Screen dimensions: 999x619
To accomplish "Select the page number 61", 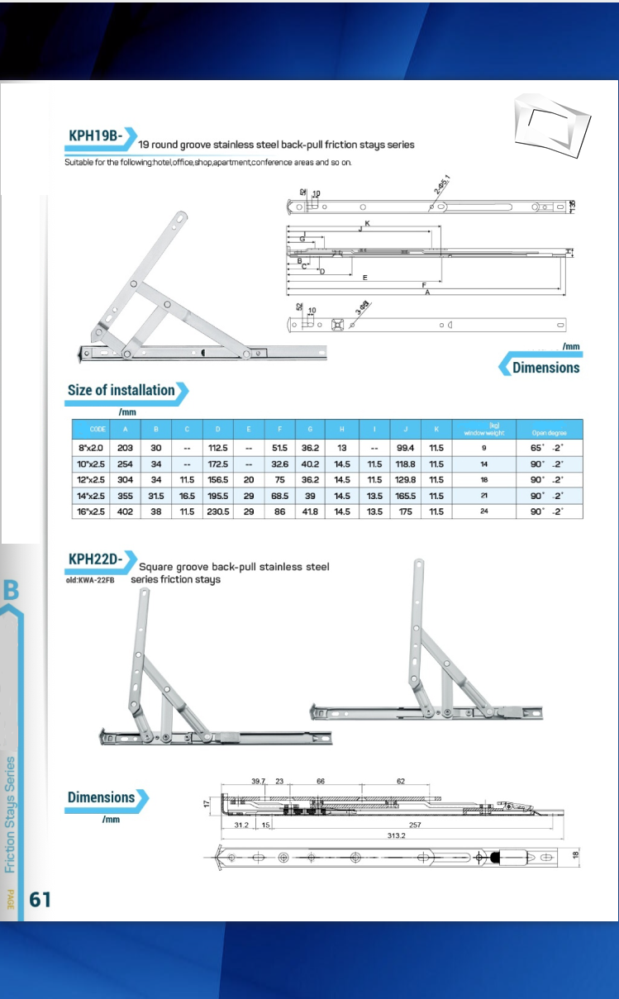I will [x=40, y=899].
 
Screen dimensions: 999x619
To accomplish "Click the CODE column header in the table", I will [x=98, y=430].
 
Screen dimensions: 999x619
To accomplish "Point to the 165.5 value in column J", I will [x=405, y=496].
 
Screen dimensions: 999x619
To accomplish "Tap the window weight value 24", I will [x=484, y=512].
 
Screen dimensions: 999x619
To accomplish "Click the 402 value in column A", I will [x=126, y=512].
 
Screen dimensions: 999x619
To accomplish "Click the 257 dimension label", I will [x=415, y=825].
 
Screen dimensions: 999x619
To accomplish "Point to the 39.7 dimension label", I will [x=260, y=781].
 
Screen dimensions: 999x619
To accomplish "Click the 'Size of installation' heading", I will [x=121, y=390].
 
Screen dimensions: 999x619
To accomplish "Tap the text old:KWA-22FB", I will [x=91, y=580].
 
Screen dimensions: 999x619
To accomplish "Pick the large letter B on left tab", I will [x=12, y=590].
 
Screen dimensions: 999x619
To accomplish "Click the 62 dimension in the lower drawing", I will [x=400, y=781].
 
